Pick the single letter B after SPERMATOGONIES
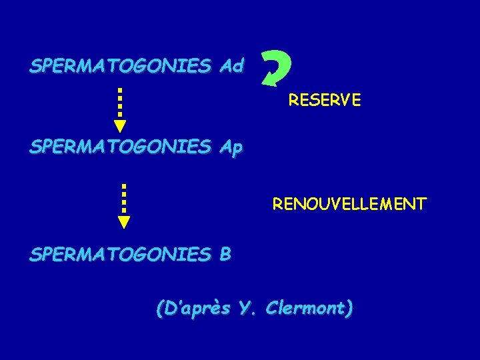click(x=225, y=254)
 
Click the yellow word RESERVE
click(x=325, y=101)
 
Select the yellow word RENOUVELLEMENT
click(x=349, y=203)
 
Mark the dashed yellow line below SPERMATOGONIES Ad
click(x=120, y=101)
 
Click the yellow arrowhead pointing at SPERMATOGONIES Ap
click(x=120, y=125)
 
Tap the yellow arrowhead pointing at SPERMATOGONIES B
click(x=124, y=222)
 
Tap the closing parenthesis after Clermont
click(x=349, y=309)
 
